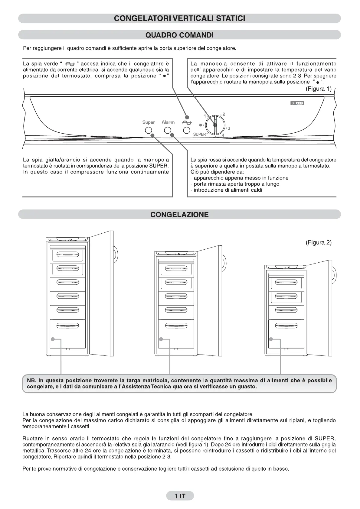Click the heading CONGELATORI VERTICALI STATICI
click(180, 18)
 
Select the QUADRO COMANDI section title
click(180, 35)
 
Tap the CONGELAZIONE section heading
click(180, 215)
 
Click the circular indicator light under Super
click(148, 131)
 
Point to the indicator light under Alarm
click(168, 131)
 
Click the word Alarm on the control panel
click(168, 122)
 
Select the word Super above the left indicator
click(149, 122)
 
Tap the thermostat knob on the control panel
click(215, 125)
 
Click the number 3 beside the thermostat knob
click(229, 128)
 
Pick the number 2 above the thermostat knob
click(224, 114)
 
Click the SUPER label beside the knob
click(199, 134)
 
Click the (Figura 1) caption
click(319, 89)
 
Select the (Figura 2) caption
click(319, 242)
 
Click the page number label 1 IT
click(180, 496)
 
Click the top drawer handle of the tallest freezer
click(68, 254)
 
